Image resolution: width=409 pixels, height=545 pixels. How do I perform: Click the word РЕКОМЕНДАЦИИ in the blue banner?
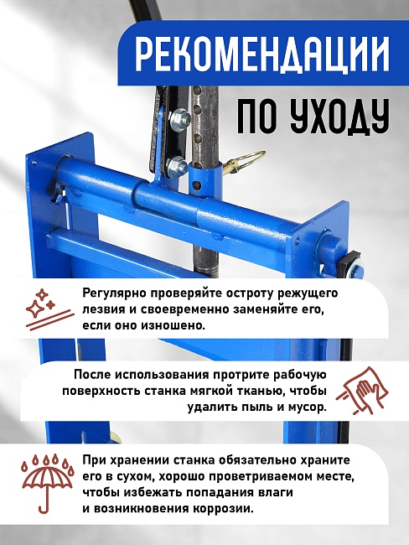pos(261,57)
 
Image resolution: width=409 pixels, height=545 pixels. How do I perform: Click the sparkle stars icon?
pos(40,309)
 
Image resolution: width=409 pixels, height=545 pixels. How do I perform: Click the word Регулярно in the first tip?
pos(113,293)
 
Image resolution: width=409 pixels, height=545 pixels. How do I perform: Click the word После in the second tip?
pos(92,376)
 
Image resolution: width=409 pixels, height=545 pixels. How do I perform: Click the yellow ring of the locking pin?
pos(249,160)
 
